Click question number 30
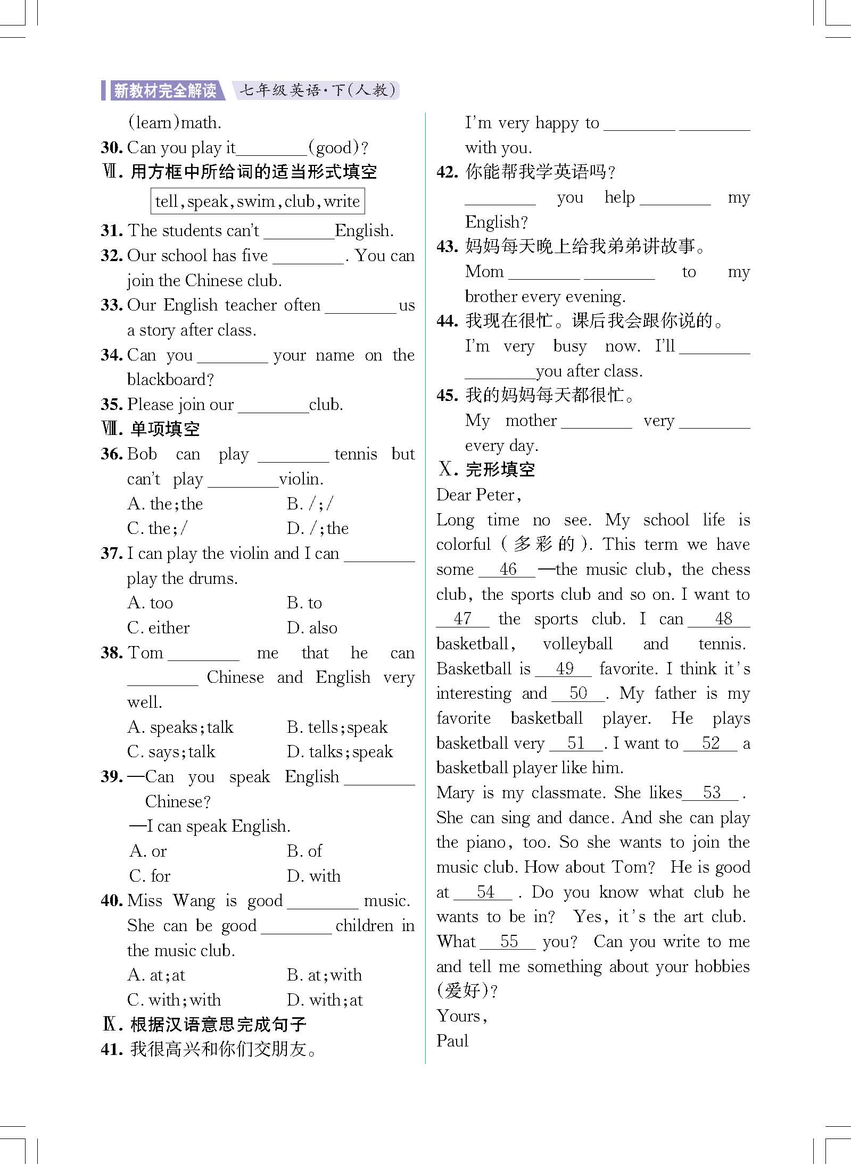pos(112,148)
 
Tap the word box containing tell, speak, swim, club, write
pos(258,201)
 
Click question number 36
pos(112,454)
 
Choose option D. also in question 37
pos(312,628)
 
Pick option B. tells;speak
pos(337,727)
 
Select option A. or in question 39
pos(148,851)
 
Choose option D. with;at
pos(325,1000)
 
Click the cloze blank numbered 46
pos(507,570)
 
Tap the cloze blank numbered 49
pos(563,669)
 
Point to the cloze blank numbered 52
pos(710,743)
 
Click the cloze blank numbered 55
pos(508,942)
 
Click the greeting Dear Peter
pos(478,496)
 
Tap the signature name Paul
pos(452,1041)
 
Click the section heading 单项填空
pos(164,429)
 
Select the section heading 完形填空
pos(500,470)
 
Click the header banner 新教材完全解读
pos(165,91)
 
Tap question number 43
pos(447,247)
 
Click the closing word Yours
pos(461,1016)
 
